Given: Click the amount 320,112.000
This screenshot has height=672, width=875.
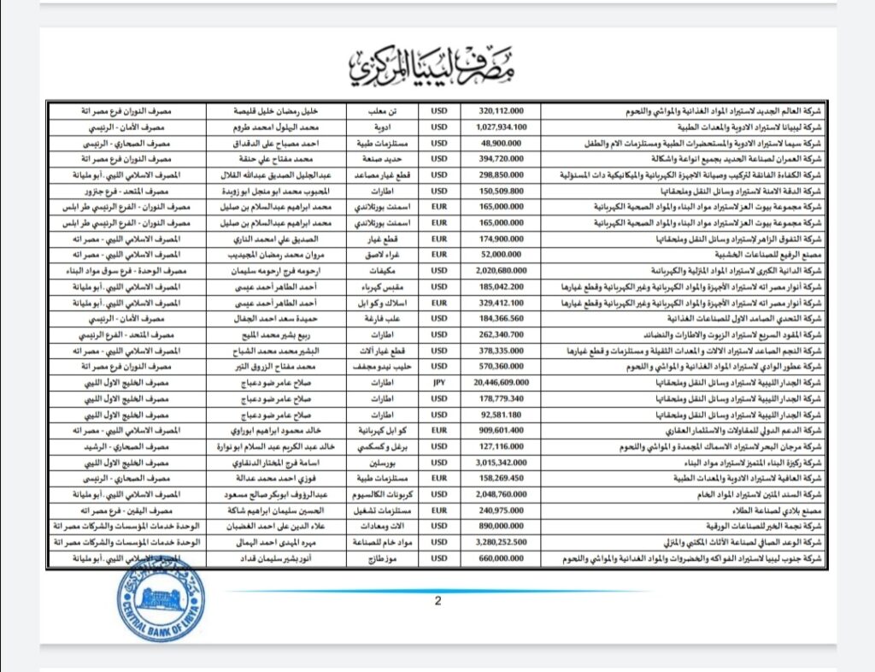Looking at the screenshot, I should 501,110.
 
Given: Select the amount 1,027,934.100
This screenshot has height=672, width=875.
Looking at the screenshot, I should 501,127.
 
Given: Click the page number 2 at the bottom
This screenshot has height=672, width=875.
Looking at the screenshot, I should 438,601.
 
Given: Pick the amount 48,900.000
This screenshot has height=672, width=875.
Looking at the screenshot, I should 501,142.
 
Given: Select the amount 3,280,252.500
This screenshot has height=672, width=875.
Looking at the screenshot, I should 501,543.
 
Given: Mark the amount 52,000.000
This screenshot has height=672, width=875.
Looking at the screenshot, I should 501,255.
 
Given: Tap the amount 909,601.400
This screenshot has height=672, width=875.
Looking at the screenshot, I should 501,431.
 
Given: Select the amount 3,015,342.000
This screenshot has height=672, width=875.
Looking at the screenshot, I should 501,463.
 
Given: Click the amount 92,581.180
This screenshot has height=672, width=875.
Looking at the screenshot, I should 501,415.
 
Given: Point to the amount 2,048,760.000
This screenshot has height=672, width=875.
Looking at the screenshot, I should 501,495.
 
